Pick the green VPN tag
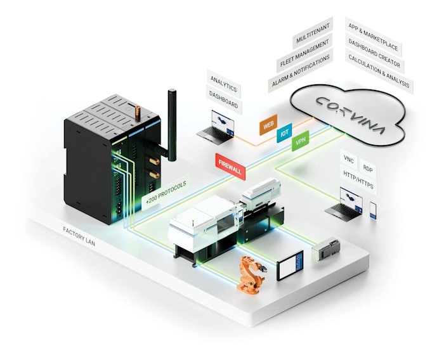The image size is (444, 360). click(x=300, y=143)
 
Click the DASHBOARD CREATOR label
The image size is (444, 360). click(x=374, y=52)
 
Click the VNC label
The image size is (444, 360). click(x=349, y=158)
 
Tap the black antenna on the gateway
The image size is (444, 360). click(x=171, y=124)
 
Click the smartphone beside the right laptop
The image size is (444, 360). click(x=372, y=209)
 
